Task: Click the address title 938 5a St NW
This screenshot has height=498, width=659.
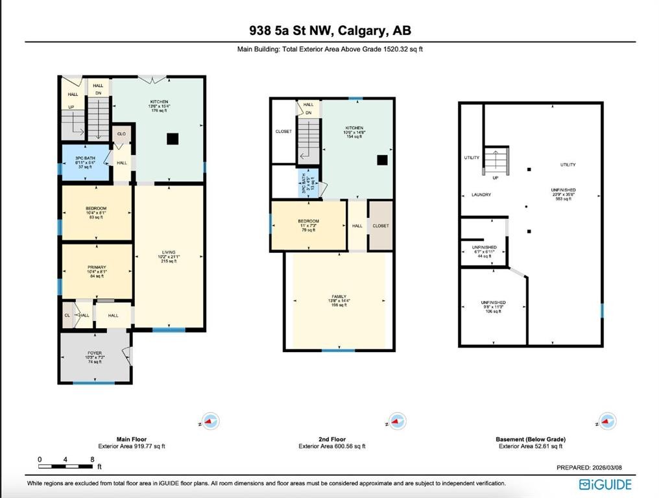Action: [329, 30]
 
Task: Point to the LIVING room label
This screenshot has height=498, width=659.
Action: [169, 255]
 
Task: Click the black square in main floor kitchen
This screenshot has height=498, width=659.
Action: [172, 137]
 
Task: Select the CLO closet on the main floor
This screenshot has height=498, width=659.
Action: [121, 134]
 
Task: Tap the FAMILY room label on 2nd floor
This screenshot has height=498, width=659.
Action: [339, 300]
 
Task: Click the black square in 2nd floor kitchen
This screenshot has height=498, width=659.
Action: [383, 160]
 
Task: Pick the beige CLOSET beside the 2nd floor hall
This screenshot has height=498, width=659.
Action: [381, 226]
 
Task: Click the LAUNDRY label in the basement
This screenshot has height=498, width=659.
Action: [481, 195]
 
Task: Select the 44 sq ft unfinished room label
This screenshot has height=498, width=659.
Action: [484, 251]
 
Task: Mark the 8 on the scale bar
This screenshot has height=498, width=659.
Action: [91, 460]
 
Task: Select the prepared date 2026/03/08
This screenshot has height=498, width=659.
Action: [593, 468]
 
